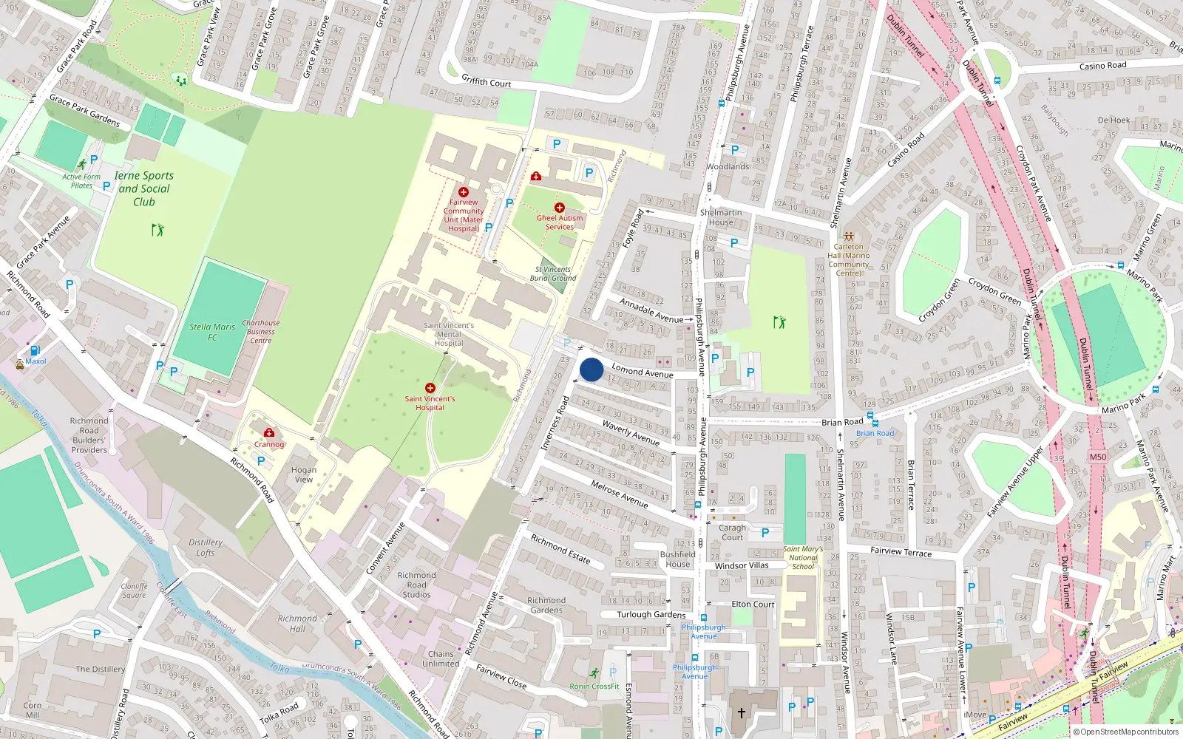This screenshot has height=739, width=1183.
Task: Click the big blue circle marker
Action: [x=591, y=369]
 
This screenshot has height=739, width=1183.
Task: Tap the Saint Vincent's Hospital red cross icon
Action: [x=430, y=388]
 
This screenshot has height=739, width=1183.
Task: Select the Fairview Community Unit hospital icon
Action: [x=464, y=192]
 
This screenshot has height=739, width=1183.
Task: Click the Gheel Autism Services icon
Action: [x=560, y=208]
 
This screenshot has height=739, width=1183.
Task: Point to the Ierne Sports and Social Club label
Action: [x=144, y=188]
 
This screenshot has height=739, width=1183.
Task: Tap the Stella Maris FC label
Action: [x=212, y=332]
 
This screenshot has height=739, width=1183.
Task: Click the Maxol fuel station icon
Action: [x=35, y=350]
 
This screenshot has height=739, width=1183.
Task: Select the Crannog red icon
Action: [x=269, y=433]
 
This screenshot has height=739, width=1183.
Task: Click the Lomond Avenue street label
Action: [x=642, y=371]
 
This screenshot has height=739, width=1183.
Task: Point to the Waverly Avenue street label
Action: [x=631, y=433]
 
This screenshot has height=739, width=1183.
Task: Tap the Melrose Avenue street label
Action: [x=620, y=494]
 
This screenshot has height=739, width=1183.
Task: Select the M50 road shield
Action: [x=1097, y=457]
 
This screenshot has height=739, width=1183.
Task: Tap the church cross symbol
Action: [x=742, y=713]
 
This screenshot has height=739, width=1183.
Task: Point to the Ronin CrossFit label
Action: [x=594, y=687]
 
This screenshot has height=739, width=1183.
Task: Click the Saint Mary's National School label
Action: [x=803, y=558]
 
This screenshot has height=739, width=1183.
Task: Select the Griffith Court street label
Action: [x=487, y=81]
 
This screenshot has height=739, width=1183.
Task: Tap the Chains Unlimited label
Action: [x=441, y=658]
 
